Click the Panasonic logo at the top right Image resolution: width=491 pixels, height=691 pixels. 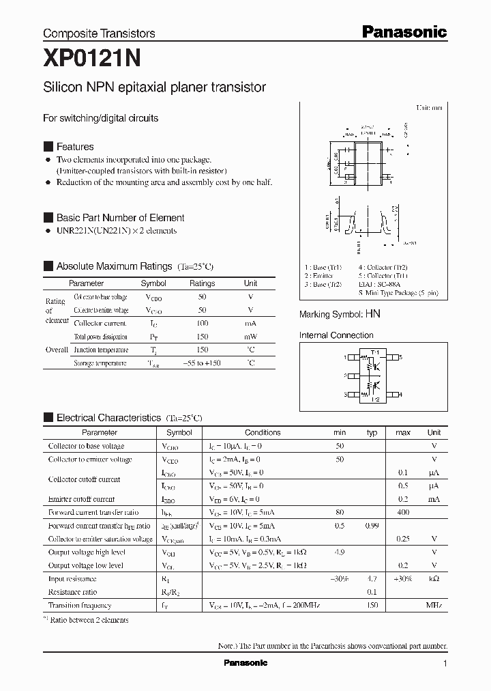pos(403,31)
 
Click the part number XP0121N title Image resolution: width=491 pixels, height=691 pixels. pos(91,59)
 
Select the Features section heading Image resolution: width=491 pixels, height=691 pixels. pos(74,147)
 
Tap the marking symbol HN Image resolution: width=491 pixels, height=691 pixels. pos(372,314)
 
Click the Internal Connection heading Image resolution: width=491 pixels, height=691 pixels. pos(336,335)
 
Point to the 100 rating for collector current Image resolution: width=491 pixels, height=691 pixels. pos(202,323)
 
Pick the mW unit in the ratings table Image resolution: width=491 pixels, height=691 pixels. pos(250,337)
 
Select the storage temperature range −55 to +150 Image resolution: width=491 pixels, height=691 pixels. pos(202,363)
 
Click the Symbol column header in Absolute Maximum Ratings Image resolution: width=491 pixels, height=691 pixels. pos(153,283)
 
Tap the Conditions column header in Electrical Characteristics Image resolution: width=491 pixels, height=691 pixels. pos(263,432)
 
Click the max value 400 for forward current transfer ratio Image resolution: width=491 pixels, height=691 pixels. pos(403,512)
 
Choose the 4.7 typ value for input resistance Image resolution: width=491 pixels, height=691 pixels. pos(372,578)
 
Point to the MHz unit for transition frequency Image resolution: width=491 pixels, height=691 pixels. pos(434,605)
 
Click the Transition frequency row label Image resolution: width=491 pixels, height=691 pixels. pos(80,605)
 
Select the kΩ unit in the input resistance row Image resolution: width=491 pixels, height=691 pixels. pos(434,578)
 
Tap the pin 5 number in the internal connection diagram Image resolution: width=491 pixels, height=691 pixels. pos(401,357)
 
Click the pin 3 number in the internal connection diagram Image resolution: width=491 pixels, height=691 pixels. pos(346,395)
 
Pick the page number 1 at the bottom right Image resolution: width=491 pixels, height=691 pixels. pos(445,664)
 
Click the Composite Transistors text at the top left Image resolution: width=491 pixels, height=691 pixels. pos(99,33)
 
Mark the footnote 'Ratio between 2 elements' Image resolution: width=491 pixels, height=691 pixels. pos(89,620)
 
